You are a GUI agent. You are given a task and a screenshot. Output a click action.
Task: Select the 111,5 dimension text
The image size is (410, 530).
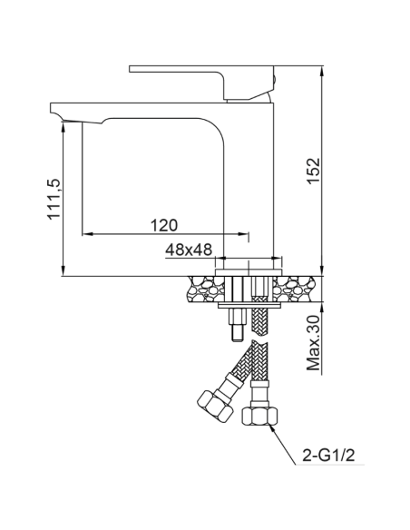[54, 201]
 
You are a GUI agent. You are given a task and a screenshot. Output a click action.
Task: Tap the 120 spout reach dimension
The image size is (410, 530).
[163, 224]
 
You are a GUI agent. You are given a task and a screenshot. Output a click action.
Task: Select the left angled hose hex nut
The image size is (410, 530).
[210, 404]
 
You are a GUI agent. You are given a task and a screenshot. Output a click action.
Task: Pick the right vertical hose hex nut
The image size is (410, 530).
[259, 417]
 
